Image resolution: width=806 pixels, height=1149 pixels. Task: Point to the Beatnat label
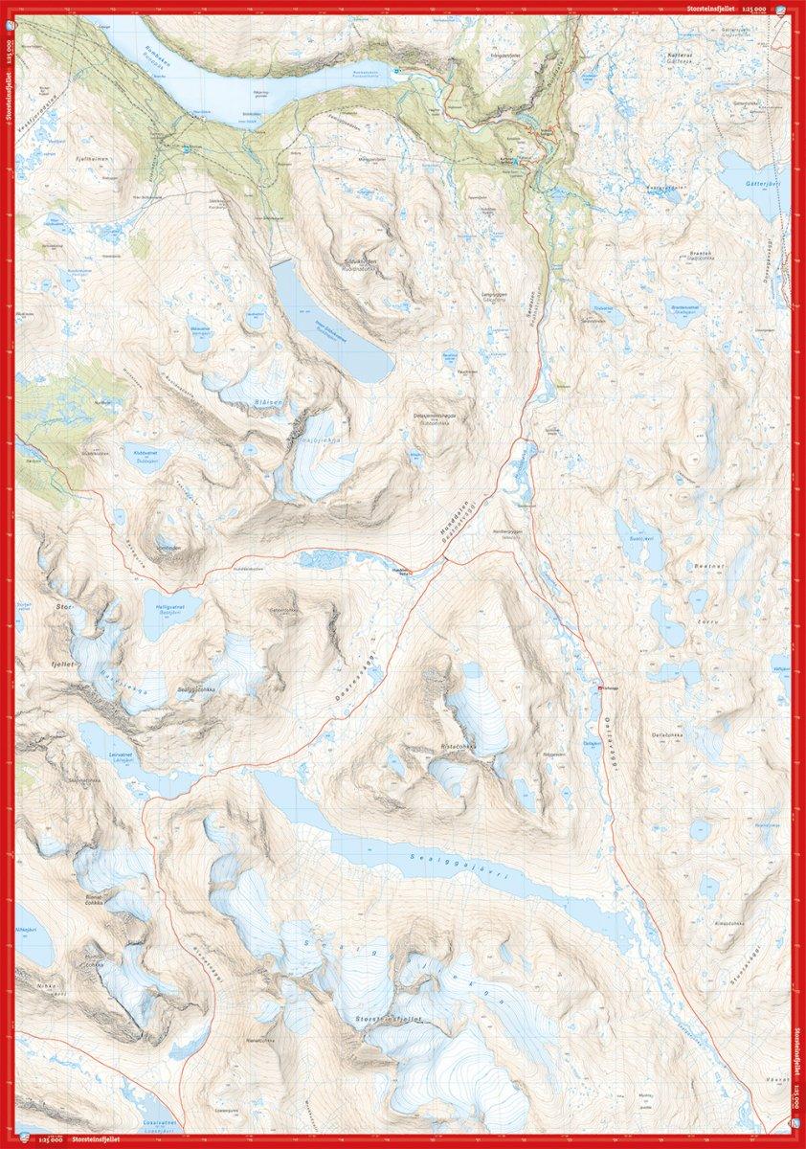click(x=705, y=567)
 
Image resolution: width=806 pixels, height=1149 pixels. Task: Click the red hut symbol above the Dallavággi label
click(x=601, y=687)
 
